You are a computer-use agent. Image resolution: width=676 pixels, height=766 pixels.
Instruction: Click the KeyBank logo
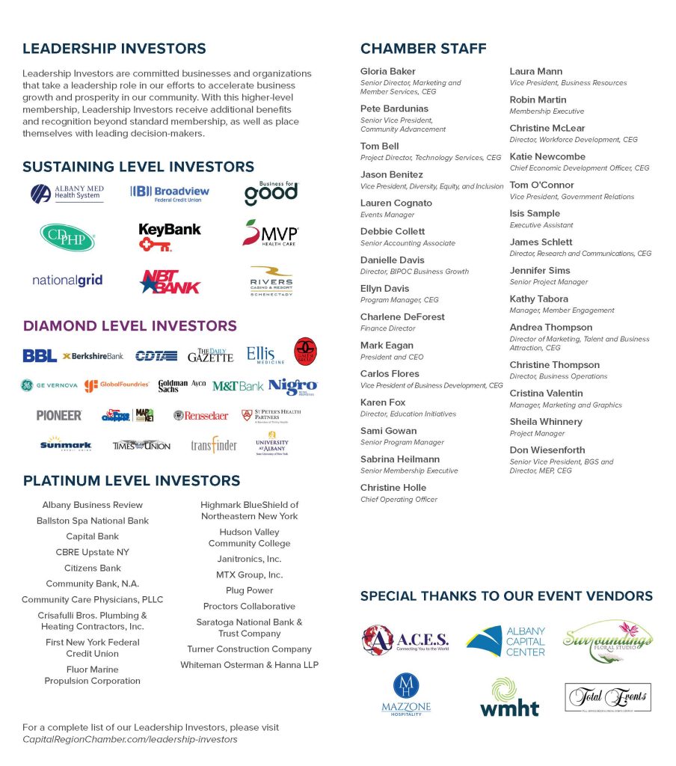tap(170, 236)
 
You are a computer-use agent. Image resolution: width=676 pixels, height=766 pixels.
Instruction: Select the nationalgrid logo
tap(67, 281)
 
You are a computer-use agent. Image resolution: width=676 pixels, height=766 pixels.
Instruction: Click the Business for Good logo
tap(271, 192)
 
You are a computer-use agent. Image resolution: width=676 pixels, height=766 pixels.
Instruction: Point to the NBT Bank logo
tap(170, 281)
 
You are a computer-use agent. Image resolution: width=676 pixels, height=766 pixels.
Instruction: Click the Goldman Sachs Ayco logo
tap(182, 386)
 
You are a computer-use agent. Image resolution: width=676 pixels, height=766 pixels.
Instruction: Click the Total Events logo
tap(607, 698)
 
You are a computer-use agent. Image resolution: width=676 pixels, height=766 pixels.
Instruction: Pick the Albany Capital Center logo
tap(506, 641)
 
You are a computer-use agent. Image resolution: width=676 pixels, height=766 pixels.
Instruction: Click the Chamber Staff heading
tap(423, 49)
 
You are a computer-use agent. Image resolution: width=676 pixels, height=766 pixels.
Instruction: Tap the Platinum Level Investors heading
tap(132, 480)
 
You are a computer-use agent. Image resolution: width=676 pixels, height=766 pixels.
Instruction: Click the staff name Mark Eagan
tap(387, 346)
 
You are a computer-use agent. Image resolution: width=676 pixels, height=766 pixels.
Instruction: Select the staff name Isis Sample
tap(535, 214)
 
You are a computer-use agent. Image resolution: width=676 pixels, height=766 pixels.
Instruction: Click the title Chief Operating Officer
tap(399, 499)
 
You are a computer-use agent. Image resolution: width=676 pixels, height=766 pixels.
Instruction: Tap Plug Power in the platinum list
tap(249, 590)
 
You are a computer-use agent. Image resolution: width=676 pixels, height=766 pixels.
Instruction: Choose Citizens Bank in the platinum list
tap(93, 568)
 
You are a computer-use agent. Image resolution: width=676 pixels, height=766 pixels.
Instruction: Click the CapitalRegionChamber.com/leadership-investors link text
tap(130, 739)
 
